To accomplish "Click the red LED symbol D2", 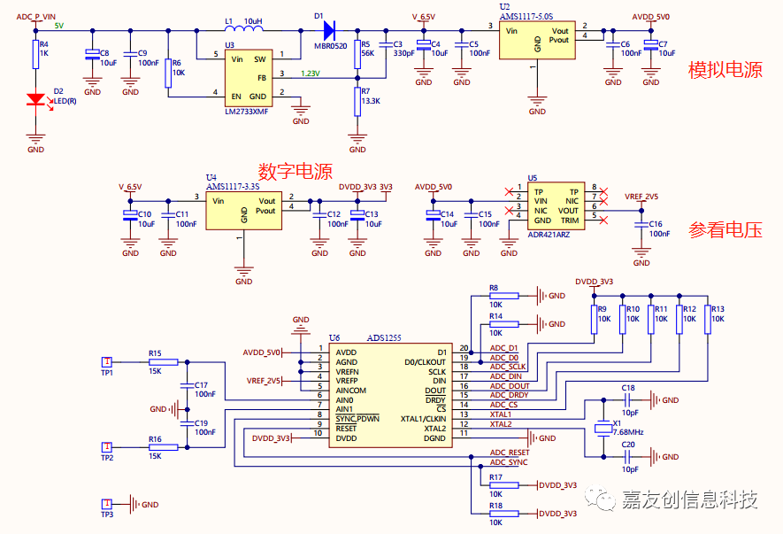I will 35,100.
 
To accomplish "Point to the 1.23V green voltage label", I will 311,74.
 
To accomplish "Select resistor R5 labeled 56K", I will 357,50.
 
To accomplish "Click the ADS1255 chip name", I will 386,338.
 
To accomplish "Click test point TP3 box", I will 106,503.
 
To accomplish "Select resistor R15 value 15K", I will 155,372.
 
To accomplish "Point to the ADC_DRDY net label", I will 509,396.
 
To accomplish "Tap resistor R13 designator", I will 717,309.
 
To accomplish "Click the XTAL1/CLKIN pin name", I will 425,417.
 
